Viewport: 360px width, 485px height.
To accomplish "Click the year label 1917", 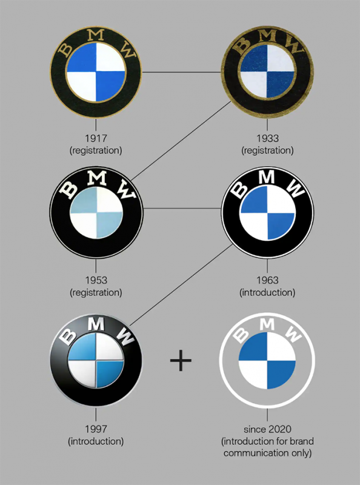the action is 96,138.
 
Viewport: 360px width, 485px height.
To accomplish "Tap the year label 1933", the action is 267,138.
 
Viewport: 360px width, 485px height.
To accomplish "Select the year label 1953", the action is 96,280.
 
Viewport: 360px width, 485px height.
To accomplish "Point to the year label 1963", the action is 267,280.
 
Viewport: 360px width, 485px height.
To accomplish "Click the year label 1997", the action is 96,429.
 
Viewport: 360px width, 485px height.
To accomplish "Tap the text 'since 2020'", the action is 267,429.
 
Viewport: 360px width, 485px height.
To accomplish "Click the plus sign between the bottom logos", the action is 181,360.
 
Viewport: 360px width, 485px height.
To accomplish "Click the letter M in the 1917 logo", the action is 96,35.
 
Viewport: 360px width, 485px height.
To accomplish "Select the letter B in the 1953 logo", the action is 68,190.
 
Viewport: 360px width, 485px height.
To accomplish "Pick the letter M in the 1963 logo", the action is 267,176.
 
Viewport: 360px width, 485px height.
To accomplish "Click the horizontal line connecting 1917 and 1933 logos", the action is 182,72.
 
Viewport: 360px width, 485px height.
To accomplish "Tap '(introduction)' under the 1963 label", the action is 267,292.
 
